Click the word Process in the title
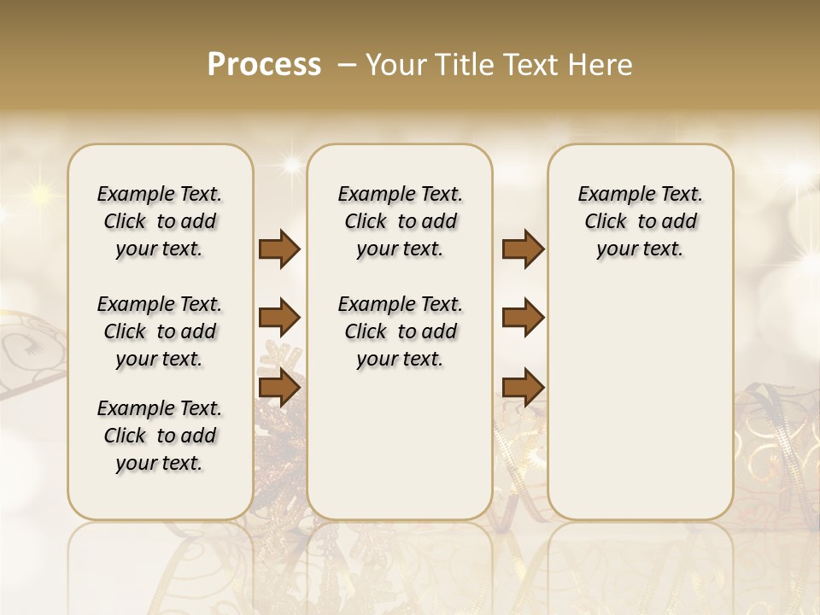[x=264, y=65]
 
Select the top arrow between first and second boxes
[x=279, y=249]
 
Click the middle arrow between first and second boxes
[x=279, y=319]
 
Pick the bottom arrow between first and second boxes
[x=279, y=387]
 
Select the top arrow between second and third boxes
[x=523, y=249]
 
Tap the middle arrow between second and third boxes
[x=523, y=319]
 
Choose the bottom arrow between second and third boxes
[x=523, y=387]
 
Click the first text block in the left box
[x=160, y=221]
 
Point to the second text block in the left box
[x=160, y=331]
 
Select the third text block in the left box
[x=160, y=436]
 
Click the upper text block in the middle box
[x=400, y=221]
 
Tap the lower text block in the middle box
[x=400, y=331]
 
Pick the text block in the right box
[x=640, y=221]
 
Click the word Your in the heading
[x=395, y=65]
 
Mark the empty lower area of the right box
[x=640, y=401]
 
